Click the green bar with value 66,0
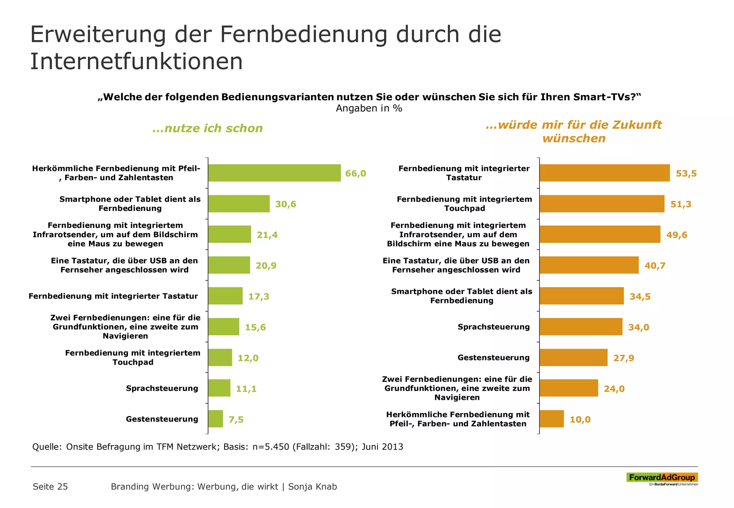coord(274,173)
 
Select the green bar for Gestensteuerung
coord(215,419)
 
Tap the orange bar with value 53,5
coord(604,173)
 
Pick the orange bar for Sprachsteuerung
coord(581,327)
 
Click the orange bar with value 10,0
coord(551,419)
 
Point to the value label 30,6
coord(285,204)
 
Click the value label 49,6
coord(676,235)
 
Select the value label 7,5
coord(236,420)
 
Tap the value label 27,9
coord(623,358)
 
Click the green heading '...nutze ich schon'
coord(208,128)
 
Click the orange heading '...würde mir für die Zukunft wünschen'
coord(573,131)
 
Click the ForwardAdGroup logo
coord(662,478)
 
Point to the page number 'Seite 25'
coord(50,487)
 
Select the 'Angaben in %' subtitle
coord(369,109)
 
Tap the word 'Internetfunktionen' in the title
coord(136,61)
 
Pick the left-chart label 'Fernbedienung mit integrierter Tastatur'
coord(113,296)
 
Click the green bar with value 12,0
coord(220,358)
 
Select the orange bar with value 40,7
coord(588,265)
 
